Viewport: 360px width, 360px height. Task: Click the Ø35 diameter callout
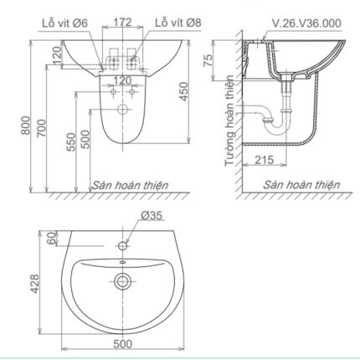(x=152, y=216)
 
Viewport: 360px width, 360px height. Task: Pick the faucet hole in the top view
(x=123, y=246)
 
